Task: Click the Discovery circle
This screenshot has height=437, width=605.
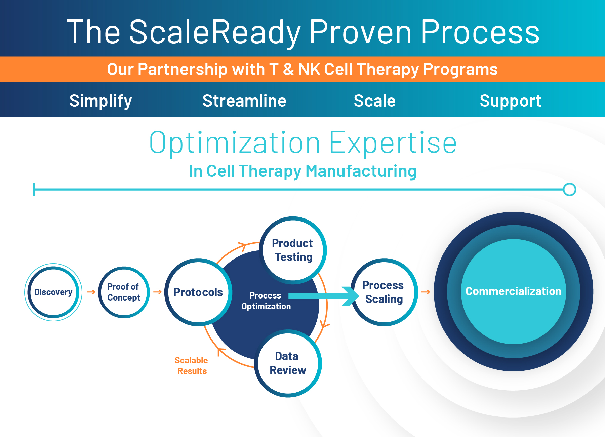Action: tap(53, 292)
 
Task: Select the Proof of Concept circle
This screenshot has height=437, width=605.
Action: tap(124, 292)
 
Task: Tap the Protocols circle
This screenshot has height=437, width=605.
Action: tap(198, 292)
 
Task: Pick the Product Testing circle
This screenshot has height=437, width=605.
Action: tap(292, 250)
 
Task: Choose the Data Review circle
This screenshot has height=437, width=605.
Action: tap(288, 363)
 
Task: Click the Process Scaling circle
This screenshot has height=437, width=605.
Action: tap(384, 292)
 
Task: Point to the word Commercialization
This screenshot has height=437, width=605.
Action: tap(513, 291)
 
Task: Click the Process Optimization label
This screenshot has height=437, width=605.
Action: tap(266, 301)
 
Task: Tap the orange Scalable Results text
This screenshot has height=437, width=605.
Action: tap(192, 366)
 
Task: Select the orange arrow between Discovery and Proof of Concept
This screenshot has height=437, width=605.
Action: tap(91, 292)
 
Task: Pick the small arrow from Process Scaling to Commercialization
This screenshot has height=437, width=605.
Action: tap(426, 292)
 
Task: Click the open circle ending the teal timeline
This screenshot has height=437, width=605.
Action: tap(569, 189)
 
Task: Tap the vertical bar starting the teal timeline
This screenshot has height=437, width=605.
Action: tap(34, 189)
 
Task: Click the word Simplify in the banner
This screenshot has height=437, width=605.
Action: tap(100, 101)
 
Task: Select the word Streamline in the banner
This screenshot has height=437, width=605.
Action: tap(244, 101)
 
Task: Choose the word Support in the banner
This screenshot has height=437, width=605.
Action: tap(510, 101)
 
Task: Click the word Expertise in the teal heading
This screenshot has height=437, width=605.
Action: tap(393, 143)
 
